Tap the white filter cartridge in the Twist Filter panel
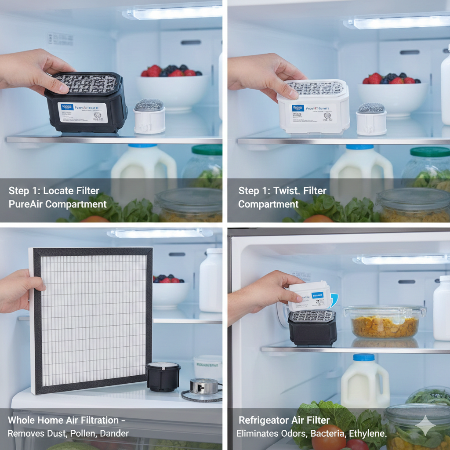313,107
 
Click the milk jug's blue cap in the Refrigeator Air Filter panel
364,357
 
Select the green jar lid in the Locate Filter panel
207,150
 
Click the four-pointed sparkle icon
425,425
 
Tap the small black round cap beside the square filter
163,376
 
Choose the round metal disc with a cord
204,387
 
